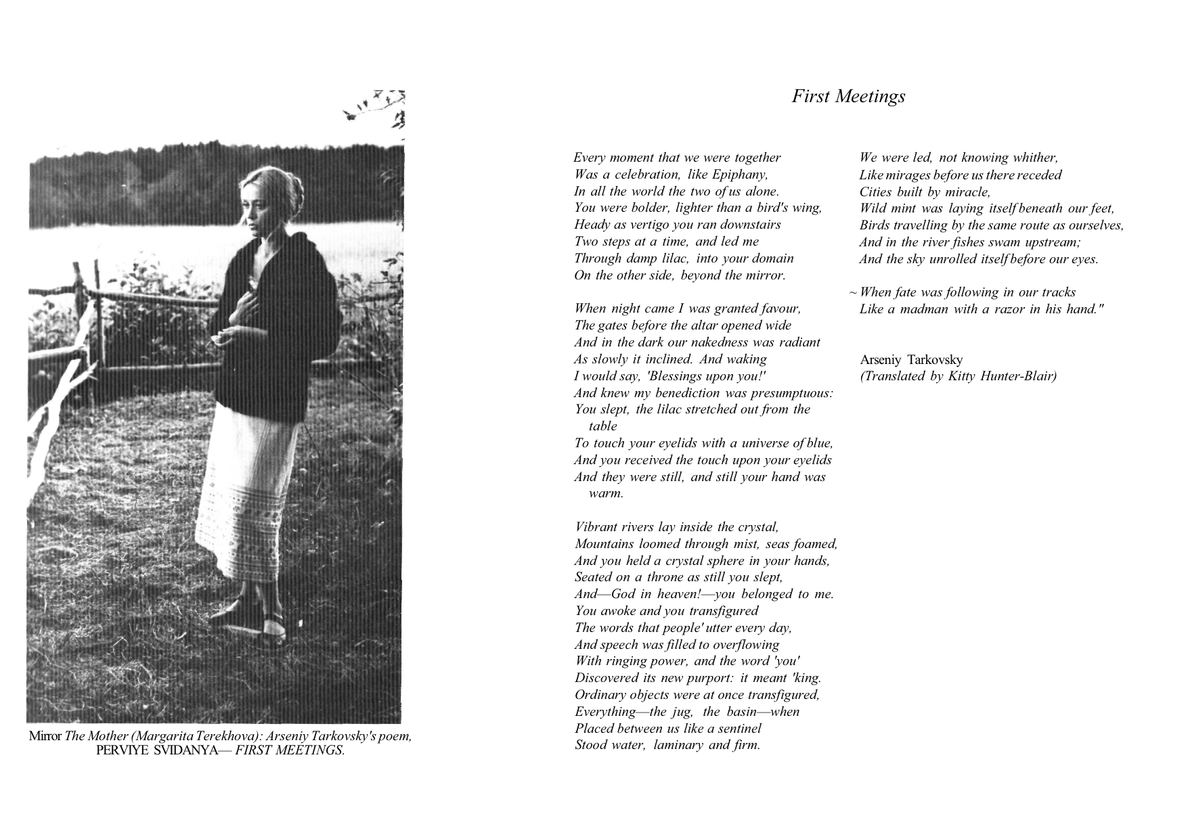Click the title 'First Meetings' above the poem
[x=848, y=97]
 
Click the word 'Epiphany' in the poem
[x=740, y=175]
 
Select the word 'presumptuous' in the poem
[x=791, y=393]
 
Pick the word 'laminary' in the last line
[x=682, y=746]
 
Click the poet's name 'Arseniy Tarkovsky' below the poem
[x=911, y=360]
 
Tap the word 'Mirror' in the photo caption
[x=45, y=737]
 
